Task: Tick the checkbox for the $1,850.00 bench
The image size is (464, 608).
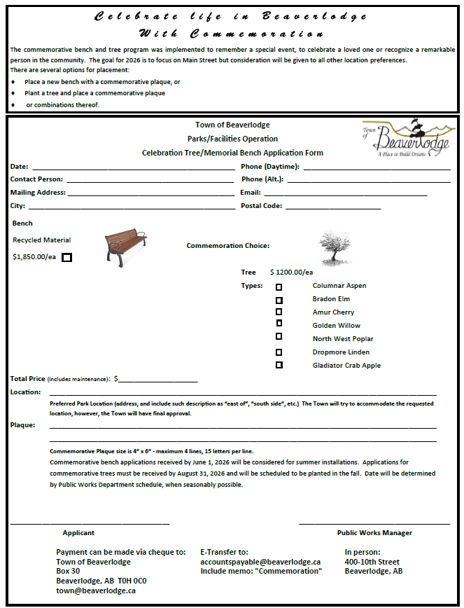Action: (67, 258)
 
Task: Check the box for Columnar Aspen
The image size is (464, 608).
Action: (279, 286)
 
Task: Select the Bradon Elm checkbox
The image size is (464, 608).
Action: (279, 299)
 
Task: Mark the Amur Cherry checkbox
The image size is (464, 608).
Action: (279, 312)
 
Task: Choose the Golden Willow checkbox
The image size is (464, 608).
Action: (279, 324)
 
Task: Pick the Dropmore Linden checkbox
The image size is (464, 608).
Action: (279, 352)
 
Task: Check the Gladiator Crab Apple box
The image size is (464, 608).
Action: (279, 365)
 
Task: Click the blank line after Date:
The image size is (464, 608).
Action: (133, 168)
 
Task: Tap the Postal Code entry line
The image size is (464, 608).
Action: (333, 207)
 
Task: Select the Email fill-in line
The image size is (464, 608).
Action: (345, 194)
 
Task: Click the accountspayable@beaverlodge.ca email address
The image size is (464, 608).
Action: (260, 562)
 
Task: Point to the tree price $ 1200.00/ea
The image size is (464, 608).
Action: (291, 272)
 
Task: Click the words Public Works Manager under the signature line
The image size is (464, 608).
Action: (374, 533)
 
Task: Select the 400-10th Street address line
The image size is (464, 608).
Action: (372, 562)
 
